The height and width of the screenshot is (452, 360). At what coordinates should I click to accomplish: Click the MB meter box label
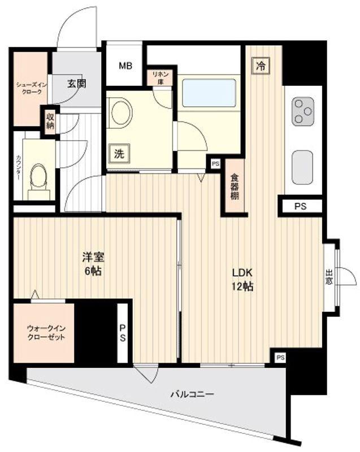(125, 66)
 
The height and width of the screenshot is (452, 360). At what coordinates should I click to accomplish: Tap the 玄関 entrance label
(77, 84)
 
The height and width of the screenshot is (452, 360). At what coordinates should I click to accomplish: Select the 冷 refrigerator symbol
(261, 66)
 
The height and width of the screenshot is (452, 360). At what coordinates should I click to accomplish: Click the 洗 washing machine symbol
(119, 154)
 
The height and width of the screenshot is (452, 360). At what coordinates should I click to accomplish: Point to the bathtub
(209, 93)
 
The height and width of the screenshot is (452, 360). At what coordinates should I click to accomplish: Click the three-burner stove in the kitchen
(303, 111)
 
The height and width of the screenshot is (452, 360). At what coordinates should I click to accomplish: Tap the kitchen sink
(302, 167)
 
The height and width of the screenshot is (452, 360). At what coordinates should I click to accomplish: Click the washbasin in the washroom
(120, 112)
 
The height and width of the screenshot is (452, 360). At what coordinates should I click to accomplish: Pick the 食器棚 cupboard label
(235, 187)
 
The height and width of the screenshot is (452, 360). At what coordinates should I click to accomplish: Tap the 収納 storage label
(50, 121)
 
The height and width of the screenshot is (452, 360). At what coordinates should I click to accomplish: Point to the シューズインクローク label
(30, 88)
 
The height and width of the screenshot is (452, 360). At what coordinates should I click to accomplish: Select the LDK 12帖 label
(242, 279)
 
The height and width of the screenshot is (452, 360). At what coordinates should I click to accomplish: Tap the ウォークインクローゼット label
(46, 332)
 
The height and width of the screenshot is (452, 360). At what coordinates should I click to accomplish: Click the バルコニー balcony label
(192, 394)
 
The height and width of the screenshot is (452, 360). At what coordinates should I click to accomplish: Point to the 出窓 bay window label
(329, 277)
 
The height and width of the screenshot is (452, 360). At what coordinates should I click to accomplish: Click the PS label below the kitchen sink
(300, 206)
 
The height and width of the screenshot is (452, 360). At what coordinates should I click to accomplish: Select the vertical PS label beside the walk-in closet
(123, 333)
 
